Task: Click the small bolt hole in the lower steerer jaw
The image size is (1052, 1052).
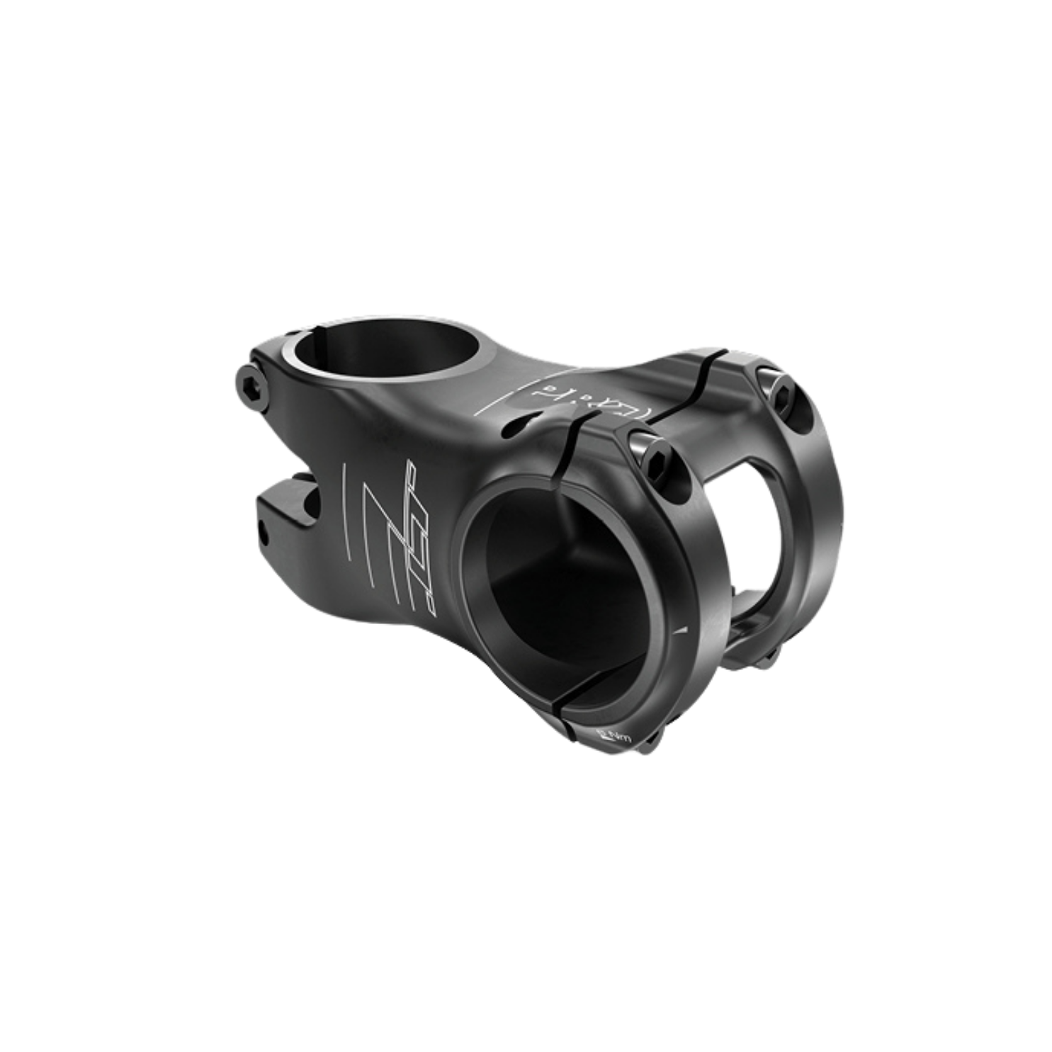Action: (264, 527)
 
